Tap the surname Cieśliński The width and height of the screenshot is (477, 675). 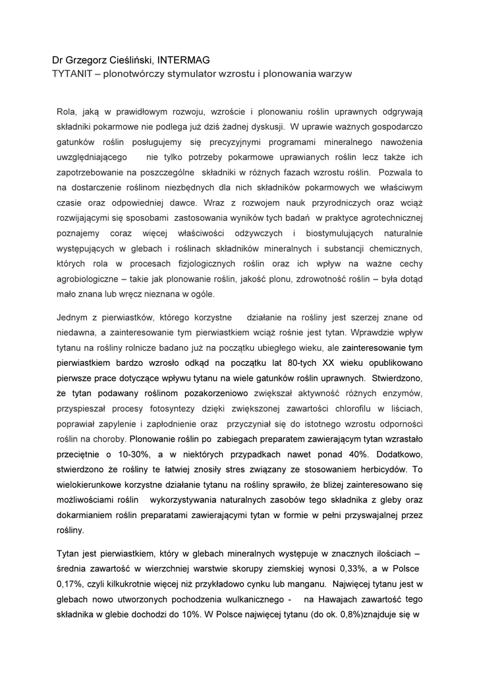click(x=130, y=61)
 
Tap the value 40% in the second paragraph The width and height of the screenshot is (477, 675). click(x=354, y=454)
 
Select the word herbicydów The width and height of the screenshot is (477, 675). click(x=379, y=469)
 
